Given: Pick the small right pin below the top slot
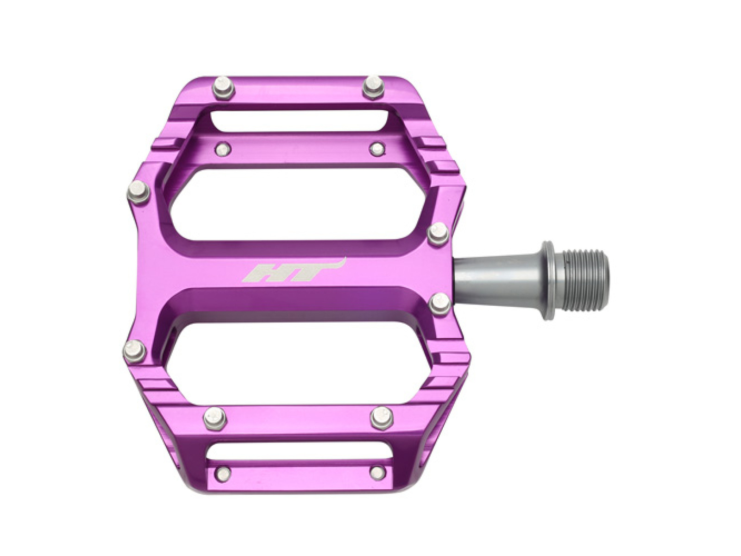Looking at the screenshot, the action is click(x=377, y=148).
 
